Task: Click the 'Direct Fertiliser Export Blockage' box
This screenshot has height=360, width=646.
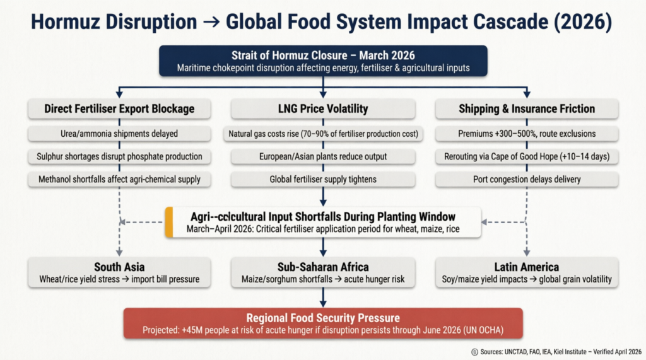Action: point(119,108)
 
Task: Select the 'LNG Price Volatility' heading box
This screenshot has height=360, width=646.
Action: point(323,108)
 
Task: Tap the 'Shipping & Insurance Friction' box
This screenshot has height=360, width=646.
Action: point(527,108)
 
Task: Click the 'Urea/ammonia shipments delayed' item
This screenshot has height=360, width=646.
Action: point(119,134)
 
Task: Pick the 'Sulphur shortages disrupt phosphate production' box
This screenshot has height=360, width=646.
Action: point(119,156)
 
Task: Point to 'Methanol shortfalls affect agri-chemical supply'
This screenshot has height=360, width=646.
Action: point(119,179)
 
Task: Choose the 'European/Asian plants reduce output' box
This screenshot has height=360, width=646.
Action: point(323,156)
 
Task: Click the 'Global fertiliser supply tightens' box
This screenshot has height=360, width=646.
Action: point(323,179)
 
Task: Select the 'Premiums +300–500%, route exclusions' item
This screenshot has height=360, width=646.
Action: point(527,134)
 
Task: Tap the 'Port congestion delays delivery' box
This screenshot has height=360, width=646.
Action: point(527,179)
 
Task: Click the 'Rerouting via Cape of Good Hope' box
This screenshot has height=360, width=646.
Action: point(527,156)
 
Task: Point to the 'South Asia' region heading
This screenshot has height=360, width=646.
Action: point(119,267)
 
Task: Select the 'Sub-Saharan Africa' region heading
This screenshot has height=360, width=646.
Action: point(323,267)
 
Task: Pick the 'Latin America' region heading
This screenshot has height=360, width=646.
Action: point(527,267)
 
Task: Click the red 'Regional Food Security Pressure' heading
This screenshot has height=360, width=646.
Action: point(323,318)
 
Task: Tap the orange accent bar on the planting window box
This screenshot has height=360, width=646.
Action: point(169,223)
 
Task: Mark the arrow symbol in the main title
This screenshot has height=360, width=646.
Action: point(211,22)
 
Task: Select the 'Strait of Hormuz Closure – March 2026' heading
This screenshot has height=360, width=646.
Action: point(323,55)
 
